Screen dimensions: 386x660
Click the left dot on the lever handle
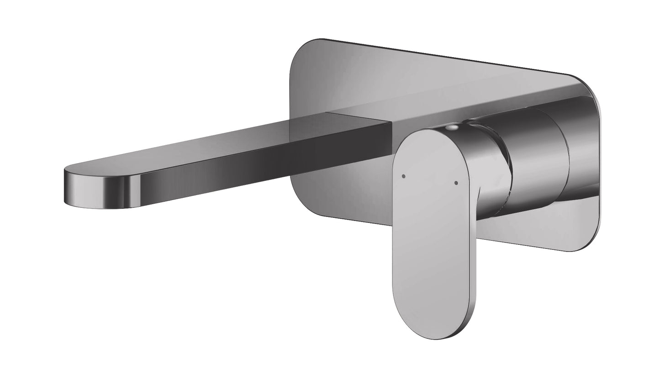tap(403, 175)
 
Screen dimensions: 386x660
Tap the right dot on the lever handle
tap(456, 183)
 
